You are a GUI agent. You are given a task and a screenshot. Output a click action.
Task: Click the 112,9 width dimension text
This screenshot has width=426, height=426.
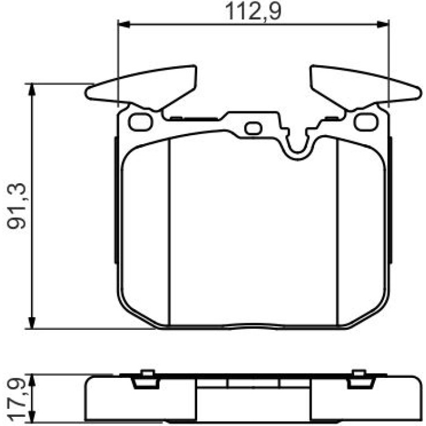pyautogui.click(x=253, y=12)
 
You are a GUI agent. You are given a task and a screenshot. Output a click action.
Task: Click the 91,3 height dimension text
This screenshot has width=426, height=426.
pyautogui.click(x=16, y=206)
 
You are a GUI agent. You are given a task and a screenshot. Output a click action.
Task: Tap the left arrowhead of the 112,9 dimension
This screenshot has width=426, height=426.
pyautogui.click(x=124, y=24)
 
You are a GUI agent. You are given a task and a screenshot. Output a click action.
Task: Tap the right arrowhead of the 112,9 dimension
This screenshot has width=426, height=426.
pyautogui.click(x=383, y=24)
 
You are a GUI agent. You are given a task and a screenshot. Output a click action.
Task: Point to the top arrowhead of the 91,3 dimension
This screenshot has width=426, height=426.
pyautogui.click(x=32, y=90)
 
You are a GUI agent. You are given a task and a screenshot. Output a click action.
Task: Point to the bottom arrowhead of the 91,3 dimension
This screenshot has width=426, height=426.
pyautogui.click(x=32, y=323)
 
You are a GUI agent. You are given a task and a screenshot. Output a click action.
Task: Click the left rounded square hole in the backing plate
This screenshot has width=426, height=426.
pyautogui.click(x=140, y=122)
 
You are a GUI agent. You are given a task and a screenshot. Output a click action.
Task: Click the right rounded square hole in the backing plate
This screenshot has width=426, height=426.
pyautogui.click(x=366, y=122)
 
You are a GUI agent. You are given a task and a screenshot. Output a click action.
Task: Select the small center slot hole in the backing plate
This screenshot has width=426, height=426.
pyautogui.click(x=253, y=128)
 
